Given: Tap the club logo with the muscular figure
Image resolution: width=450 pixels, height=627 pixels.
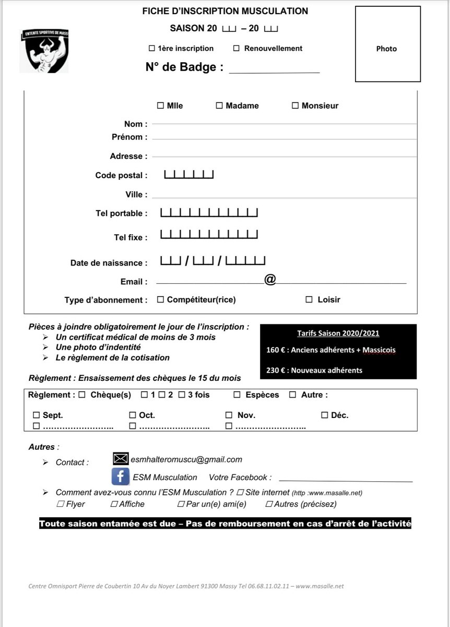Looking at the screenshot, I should pyautogui.click(x=44, y=51).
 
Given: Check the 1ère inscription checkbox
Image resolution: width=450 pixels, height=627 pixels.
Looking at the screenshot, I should pyautogui.click(x=152, y=49).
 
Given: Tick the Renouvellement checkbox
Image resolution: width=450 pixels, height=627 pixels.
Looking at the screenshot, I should pyautogui.click(x=236, y=49).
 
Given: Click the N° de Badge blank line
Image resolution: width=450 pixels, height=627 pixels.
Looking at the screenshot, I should pyautogui.click(x=274, y=69).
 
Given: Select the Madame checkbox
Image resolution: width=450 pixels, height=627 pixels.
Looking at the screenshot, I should pyautogui.click(x=219, y=106).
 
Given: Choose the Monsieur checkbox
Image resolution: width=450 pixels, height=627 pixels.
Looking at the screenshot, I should pyautogui.click(x=295, y=106).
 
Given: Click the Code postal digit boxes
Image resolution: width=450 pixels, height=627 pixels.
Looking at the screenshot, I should pyautogui.click(x=189, y=175).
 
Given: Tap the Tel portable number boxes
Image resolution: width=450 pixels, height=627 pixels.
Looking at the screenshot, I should pyautogui.click(x=209, y=213).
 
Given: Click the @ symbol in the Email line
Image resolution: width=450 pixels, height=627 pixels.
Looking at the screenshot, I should pyautogui.click(x=270, y=280).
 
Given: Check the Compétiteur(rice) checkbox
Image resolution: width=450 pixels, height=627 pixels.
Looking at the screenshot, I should pyautogui.click(x=161, y=299).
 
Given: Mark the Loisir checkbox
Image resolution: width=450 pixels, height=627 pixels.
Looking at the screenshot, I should pyautogui.click(x=309, y=299).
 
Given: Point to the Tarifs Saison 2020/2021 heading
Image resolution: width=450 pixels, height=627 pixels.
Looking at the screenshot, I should pyautogui.click(x=338, y=333).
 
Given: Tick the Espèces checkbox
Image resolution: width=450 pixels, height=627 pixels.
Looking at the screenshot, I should pyautogui.click(x=237, y=395).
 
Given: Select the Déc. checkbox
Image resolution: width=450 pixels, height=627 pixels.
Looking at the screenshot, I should pyautogui.click(x=325, y=415).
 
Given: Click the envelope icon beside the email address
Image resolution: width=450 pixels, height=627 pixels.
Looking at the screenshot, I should pyautogui.click(x=121, y=459).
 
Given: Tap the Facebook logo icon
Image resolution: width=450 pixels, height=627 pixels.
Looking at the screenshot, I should pyautogui.click(x=121, y=477).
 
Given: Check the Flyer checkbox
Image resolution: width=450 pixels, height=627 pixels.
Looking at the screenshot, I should pyautogui.click(x=60, y=504).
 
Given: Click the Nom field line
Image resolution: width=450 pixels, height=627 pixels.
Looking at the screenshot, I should pyautogui.click(x=284, y=124).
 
